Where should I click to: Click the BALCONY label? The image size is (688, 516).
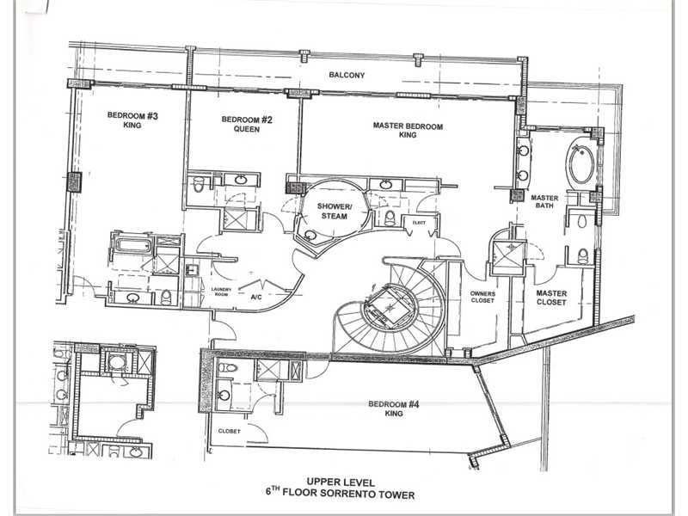point(347,75)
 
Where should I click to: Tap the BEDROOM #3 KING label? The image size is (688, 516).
point(132,120)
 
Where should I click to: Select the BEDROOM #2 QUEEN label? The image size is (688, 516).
point(247,124)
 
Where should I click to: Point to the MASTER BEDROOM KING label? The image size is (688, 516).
point(408,131)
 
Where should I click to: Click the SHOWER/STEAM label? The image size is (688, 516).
point(335,211)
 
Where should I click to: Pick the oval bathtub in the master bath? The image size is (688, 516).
point(581,163)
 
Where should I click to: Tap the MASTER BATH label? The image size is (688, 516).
point(544,201)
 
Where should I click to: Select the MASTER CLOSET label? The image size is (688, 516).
point(551,298)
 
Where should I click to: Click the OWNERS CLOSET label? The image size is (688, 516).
point(482,297)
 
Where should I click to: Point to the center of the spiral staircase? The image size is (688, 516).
point(390,308)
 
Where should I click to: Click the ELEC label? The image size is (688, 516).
point(419,223)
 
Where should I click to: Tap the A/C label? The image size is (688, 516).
point(256,297)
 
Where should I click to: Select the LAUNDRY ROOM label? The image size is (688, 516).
point(221,292)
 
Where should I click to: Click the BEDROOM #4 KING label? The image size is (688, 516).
point(394,408)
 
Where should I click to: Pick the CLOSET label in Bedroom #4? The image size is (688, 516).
point(229,432)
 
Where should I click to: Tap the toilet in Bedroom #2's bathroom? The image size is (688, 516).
point(199,184)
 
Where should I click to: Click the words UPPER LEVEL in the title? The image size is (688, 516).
point(341,482)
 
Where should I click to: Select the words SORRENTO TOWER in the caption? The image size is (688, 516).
point(368,494)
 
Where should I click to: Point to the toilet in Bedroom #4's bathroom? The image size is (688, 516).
point(227,367)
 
